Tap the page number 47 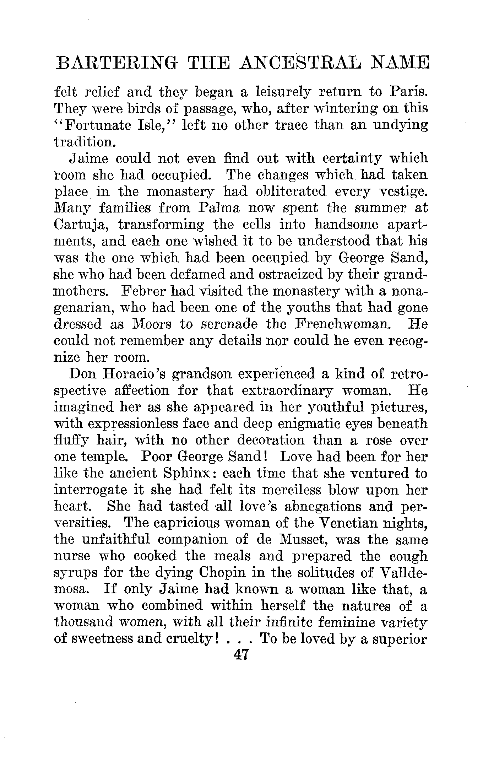(x=241, y=654)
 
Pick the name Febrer (x=143, y=291)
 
